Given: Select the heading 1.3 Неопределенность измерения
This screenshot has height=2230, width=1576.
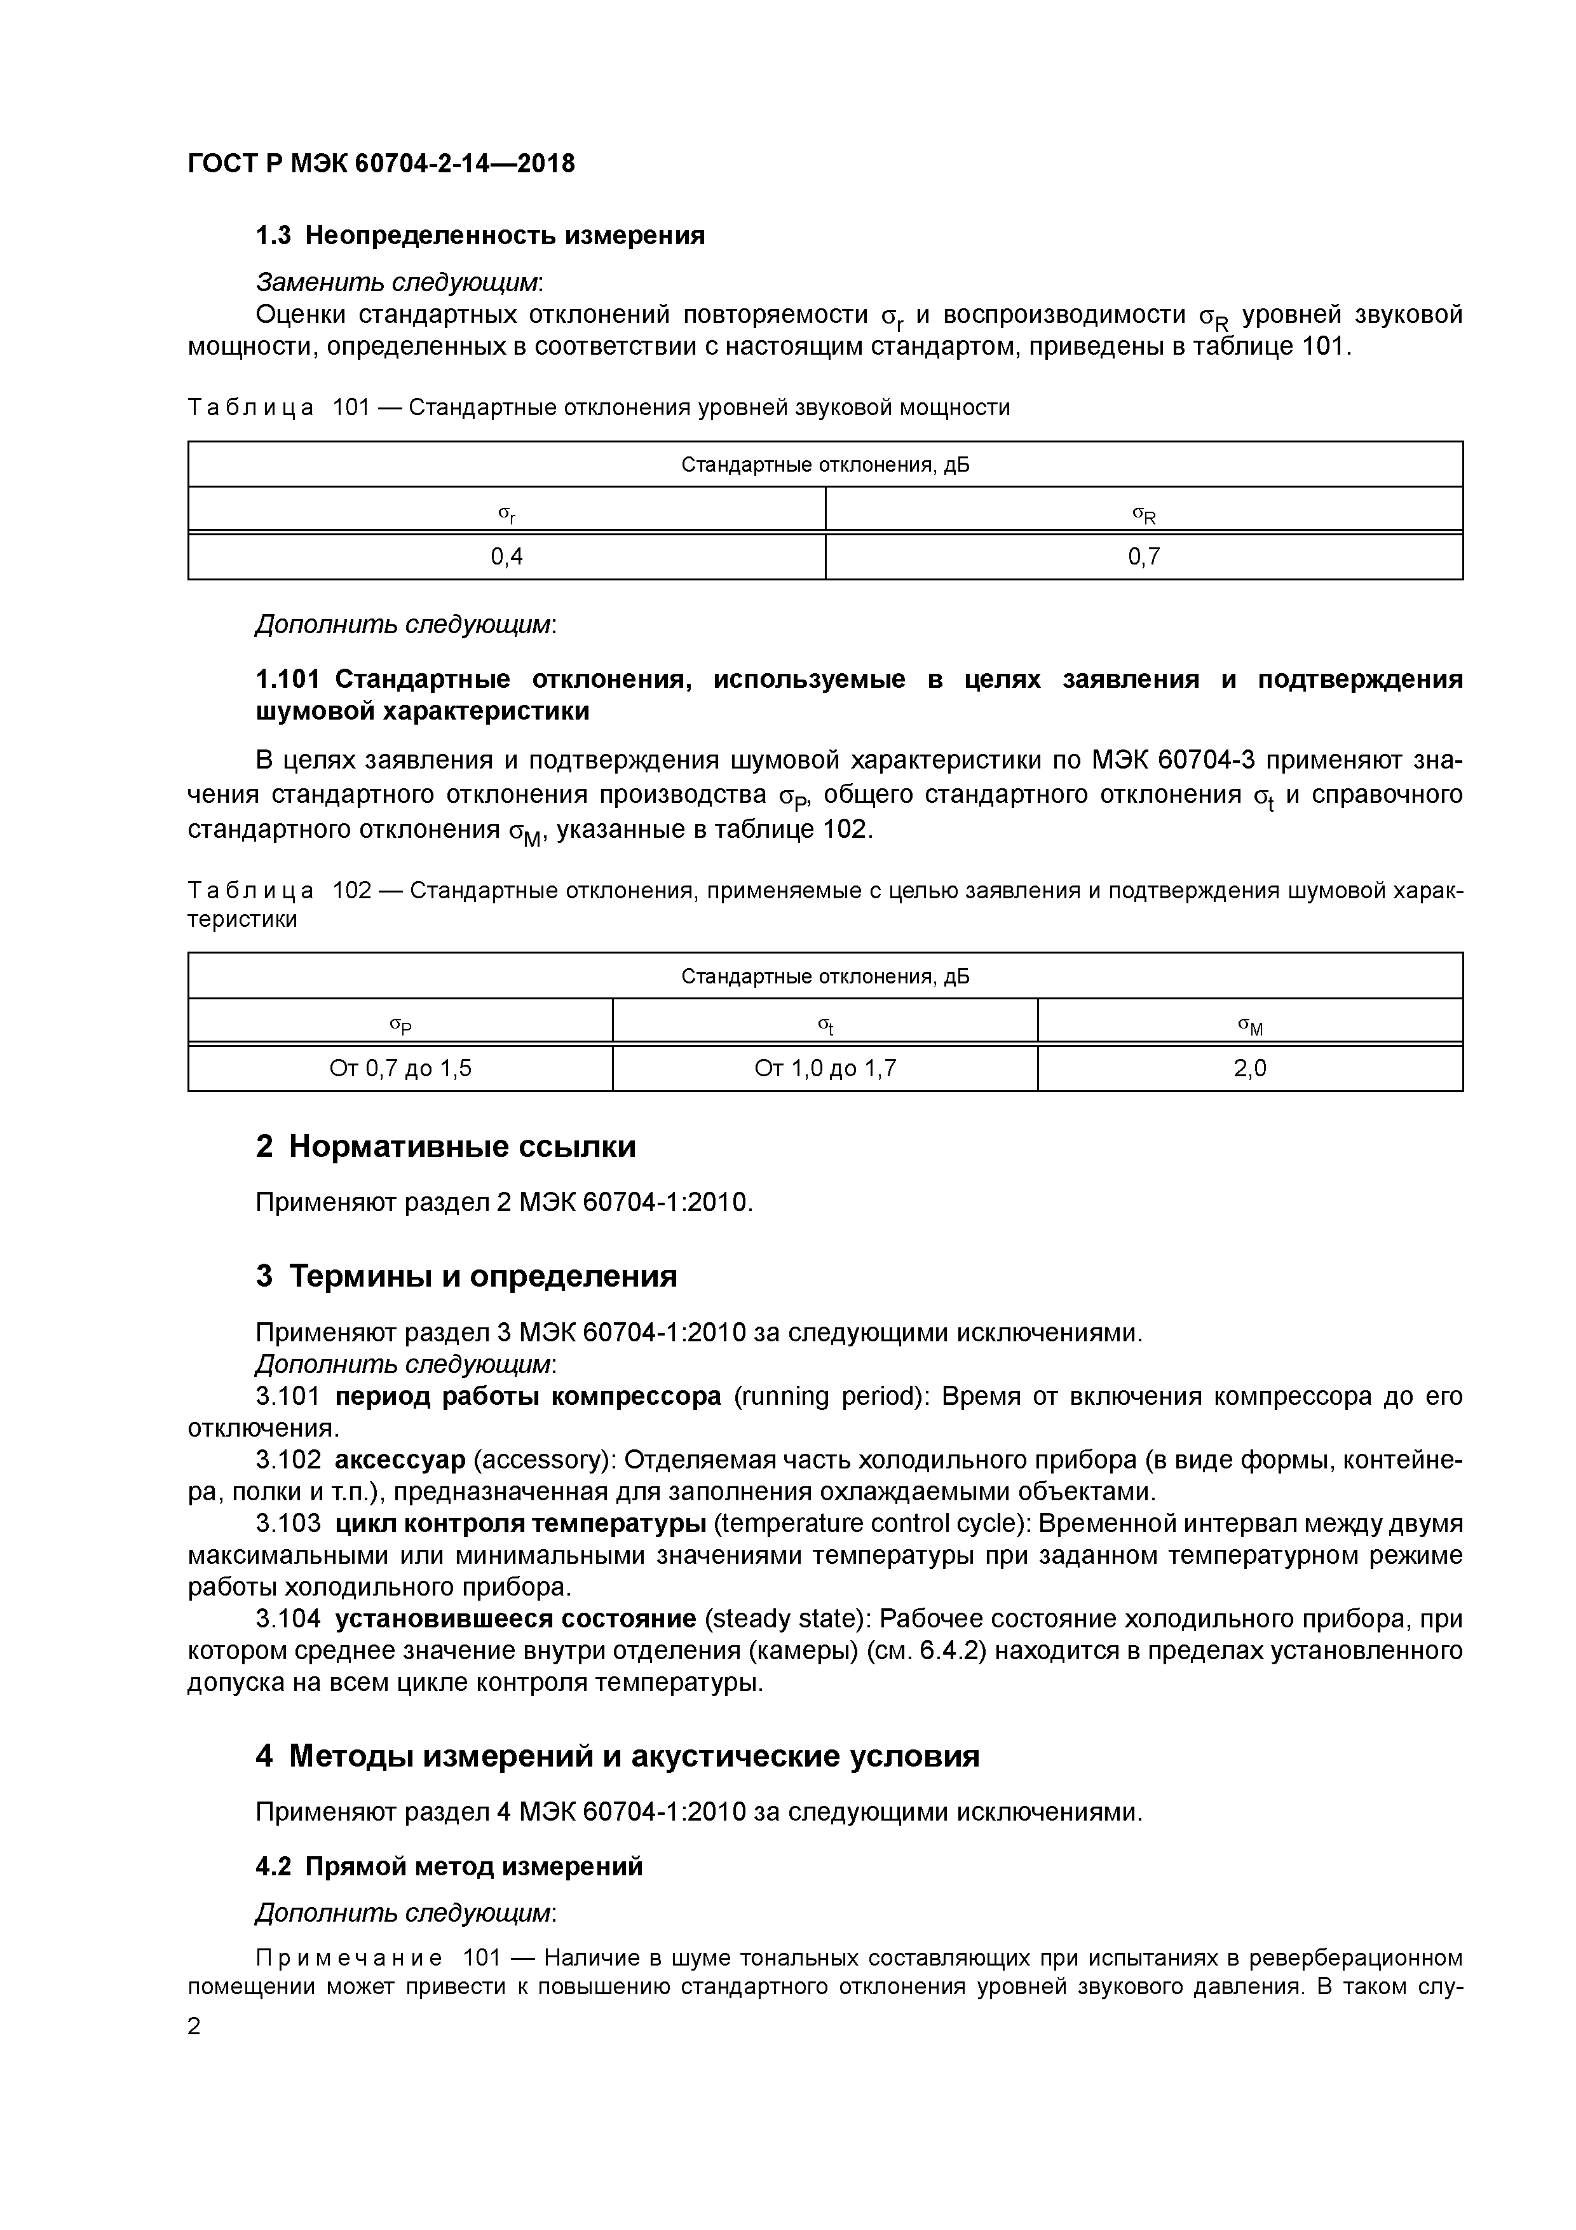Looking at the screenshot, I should point(480,236).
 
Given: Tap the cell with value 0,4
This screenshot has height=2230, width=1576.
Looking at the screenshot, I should point(506,556).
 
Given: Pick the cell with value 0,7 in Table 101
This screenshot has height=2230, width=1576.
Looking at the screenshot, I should point(1144,556).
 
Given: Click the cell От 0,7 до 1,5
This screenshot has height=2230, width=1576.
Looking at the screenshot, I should point(400,1069).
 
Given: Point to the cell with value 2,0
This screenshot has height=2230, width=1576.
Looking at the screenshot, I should point(1250,1069).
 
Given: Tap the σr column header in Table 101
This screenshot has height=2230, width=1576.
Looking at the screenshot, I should point(506,513).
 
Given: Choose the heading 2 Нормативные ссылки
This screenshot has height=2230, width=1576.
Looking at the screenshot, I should point(445,1147).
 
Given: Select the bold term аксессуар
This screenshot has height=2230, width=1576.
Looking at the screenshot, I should point(400,1460).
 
